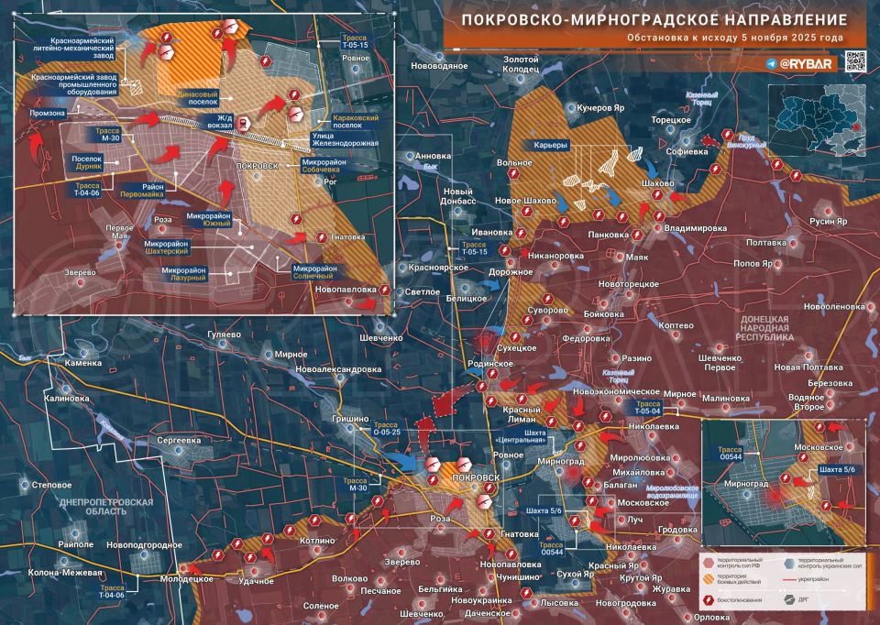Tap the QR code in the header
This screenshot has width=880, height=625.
(854, 61)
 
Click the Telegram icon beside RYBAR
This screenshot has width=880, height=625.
(772, 64)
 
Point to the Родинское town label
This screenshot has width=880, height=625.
(490, 363)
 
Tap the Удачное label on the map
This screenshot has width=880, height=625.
(256, 581)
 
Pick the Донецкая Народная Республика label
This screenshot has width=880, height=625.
(765, 328)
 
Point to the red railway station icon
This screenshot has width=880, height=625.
(242, 124)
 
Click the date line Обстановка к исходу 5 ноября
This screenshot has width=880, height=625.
(734, 38)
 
